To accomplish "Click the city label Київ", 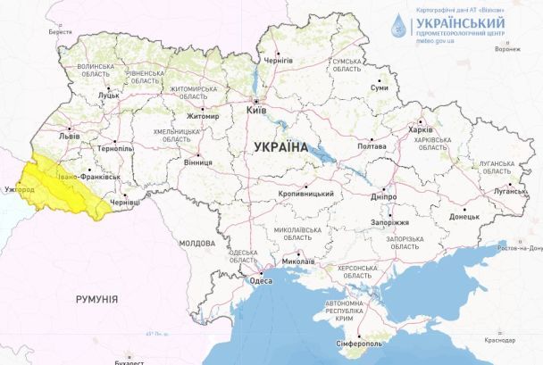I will tap(258, 110).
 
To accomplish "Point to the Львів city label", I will tap(69, 137).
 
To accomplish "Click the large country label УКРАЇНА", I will tap(280, 147).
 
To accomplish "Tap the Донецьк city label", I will tap(464, 216).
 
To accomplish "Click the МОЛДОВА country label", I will tap(196, 243).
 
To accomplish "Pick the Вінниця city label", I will tap(197, 163).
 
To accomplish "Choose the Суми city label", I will tap(379, 88).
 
